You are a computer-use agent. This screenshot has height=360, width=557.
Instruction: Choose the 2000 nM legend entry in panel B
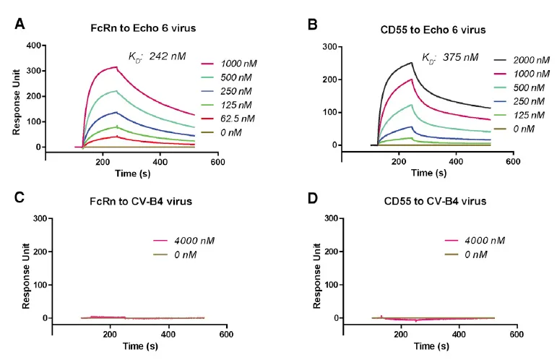click(524, 63)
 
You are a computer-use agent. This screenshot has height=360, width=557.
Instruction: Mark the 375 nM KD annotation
click(450, 57)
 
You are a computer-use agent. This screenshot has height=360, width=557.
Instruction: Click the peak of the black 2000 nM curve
click(411, 62)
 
